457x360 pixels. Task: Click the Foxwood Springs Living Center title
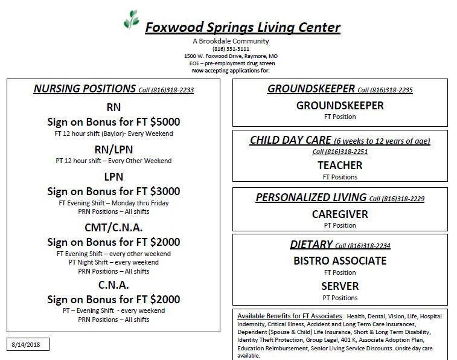(242, 27)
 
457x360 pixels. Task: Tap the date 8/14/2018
(28, 344)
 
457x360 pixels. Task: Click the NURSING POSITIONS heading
(85, 89)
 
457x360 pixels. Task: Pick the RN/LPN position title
(113, 149)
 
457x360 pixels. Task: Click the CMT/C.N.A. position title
(113, 228)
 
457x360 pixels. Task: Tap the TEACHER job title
(340, 165)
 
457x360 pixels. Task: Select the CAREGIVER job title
(340, 214)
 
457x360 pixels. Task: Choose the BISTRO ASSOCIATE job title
(340, 261)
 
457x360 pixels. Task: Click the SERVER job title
(340, 286)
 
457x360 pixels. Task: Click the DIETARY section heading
(311, 245)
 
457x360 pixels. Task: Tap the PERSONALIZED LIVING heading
(311, 198)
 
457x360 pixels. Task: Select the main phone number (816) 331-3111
(231, 48)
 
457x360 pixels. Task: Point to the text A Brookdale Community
(231, 41)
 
